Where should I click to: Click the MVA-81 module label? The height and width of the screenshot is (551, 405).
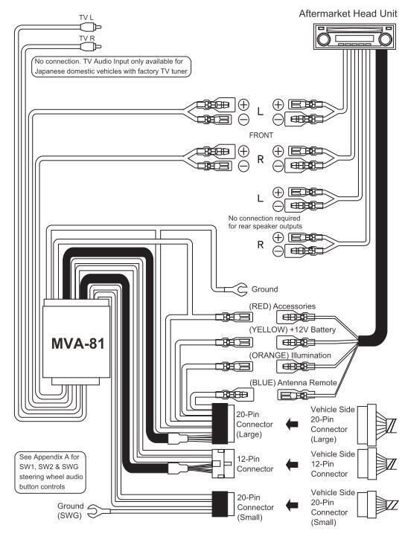[x=77, y=344]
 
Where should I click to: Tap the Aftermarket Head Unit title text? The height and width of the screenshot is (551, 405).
[x=348, y=13]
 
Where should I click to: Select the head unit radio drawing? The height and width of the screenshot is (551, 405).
[x=354, y=36]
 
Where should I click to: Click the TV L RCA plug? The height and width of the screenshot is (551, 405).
[x=90, y=27]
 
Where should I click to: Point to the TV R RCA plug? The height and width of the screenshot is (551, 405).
[x=90, y=46]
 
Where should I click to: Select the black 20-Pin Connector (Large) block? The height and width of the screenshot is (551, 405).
[x=220, y=423]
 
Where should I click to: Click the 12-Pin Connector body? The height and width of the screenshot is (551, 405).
[x=223, y=464]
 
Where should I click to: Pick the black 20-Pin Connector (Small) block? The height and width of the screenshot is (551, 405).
[x=220, y=504]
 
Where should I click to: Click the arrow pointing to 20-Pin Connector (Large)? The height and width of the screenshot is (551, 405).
[x=292, y=424]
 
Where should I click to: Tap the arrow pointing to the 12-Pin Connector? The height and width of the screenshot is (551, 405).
[x=292, y=464]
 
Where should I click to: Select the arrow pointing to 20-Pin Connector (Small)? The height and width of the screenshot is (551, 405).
[x=292, y=506]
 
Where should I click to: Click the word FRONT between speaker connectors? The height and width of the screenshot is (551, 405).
[x=261, y=135]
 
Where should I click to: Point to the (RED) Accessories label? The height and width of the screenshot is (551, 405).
[x=282, y=306]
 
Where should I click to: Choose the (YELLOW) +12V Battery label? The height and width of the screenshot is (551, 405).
[x=293, y=329]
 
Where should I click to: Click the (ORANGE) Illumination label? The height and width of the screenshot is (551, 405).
[x=290, y=355]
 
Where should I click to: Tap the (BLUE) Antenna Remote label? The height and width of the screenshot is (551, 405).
[x=293, y=382]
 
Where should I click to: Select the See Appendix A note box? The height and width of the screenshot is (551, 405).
[x=51, y=472]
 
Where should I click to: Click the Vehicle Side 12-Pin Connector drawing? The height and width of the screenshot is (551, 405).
[x=377, y=463]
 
